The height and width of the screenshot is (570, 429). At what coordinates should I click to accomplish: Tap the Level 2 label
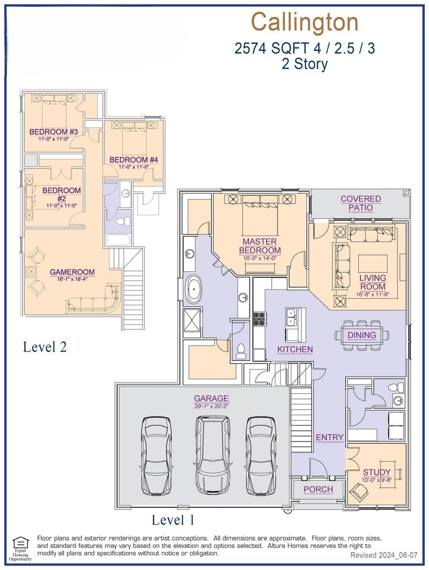(x=45, y=347)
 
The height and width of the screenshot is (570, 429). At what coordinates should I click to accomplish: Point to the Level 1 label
(x=173, y=520)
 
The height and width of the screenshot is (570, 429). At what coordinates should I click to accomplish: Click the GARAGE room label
(x=211, y=398)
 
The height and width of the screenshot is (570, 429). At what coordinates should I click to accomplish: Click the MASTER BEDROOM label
(x=260, y=246)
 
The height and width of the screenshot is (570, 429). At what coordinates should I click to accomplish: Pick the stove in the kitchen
(x=260, y=319)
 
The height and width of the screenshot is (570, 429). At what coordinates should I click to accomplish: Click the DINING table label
(x=362, y=335)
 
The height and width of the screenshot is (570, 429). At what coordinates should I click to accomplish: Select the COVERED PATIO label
(x=360, y=203)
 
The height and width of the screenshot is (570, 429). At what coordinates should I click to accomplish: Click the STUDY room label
(x=377, y=472)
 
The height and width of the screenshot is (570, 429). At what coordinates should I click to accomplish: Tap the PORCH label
(x=319, y=489)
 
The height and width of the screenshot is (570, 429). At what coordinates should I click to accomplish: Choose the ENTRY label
(x=330, y=437)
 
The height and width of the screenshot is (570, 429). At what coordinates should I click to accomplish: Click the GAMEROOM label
(x=72, y=272)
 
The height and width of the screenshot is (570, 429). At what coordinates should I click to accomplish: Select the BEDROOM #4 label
(x=134, y=159)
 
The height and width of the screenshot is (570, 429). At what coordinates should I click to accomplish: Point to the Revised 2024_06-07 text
(x=384, y=555)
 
